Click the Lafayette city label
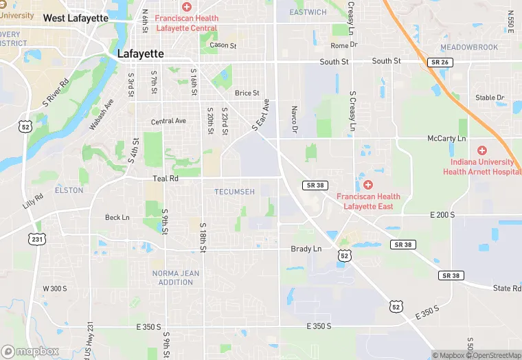click(x=140, y=53)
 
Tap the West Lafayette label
click(x=76, y=18)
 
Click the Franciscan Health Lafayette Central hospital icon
click(x=186, y=6)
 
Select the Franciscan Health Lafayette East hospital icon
click(x=368, y=184)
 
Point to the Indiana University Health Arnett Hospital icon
click(x=482, y=150)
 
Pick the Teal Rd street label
click(x=165, y=178)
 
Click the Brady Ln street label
click(x=306, y=249)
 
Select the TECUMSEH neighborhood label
click(x=234, y=192)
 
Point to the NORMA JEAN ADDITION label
click(x=176, y=278)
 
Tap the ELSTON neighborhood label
click(x=69, y=190)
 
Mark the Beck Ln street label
click(x=117, y=218)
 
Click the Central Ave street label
click(x=168, y=122)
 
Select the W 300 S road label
click(x=55, y=289)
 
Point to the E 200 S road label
click(x=444, y=215)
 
